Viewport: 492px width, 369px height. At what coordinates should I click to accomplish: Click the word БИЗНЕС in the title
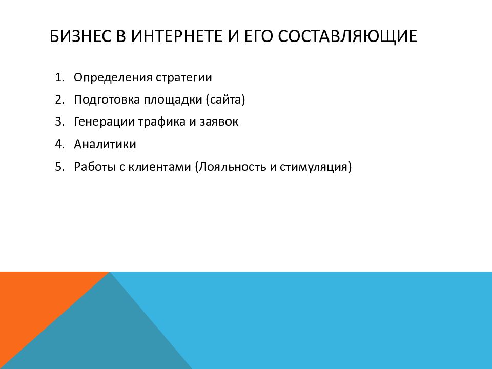[x=80, y=36]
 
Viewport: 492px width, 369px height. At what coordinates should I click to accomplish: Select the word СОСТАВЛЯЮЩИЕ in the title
[x=347, y=37]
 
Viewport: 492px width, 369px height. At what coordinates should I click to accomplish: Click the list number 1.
[x=59, y=77]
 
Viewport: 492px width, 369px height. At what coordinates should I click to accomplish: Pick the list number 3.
[x=59, y=122]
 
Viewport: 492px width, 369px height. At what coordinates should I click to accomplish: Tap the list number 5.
[x=59, y=167]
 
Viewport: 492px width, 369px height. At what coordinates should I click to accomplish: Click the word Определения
[x=113, y=78]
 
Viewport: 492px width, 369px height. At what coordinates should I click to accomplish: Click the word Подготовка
[x=107, y=100]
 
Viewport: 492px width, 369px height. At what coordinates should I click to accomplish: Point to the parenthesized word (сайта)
[x=225, y=100]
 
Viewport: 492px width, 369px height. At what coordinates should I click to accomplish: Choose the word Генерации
[x=104, y=122]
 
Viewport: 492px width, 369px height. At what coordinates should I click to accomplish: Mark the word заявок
[x=219, y=122]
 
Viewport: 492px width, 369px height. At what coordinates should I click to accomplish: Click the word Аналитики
[x=105, y=145]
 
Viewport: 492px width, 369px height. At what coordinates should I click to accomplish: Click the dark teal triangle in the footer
[x=104, y=336]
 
